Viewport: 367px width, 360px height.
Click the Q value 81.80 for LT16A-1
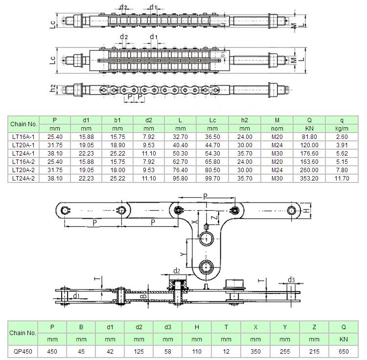click(309, 137)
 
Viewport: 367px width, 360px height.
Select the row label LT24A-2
click(23, 179)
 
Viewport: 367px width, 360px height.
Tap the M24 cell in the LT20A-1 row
click(277, 145)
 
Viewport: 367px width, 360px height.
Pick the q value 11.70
click(342, 179)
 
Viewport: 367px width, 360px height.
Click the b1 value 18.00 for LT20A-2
click(117, 170)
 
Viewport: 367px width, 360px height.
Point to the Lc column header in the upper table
click(212, 120)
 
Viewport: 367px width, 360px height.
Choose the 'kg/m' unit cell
click(342, 129)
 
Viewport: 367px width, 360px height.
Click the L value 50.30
click(180, 154)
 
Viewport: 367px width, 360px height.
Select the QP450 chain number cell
click(23, 351)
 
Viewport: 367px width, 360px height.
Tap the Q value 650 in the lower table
click(344, 351)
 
